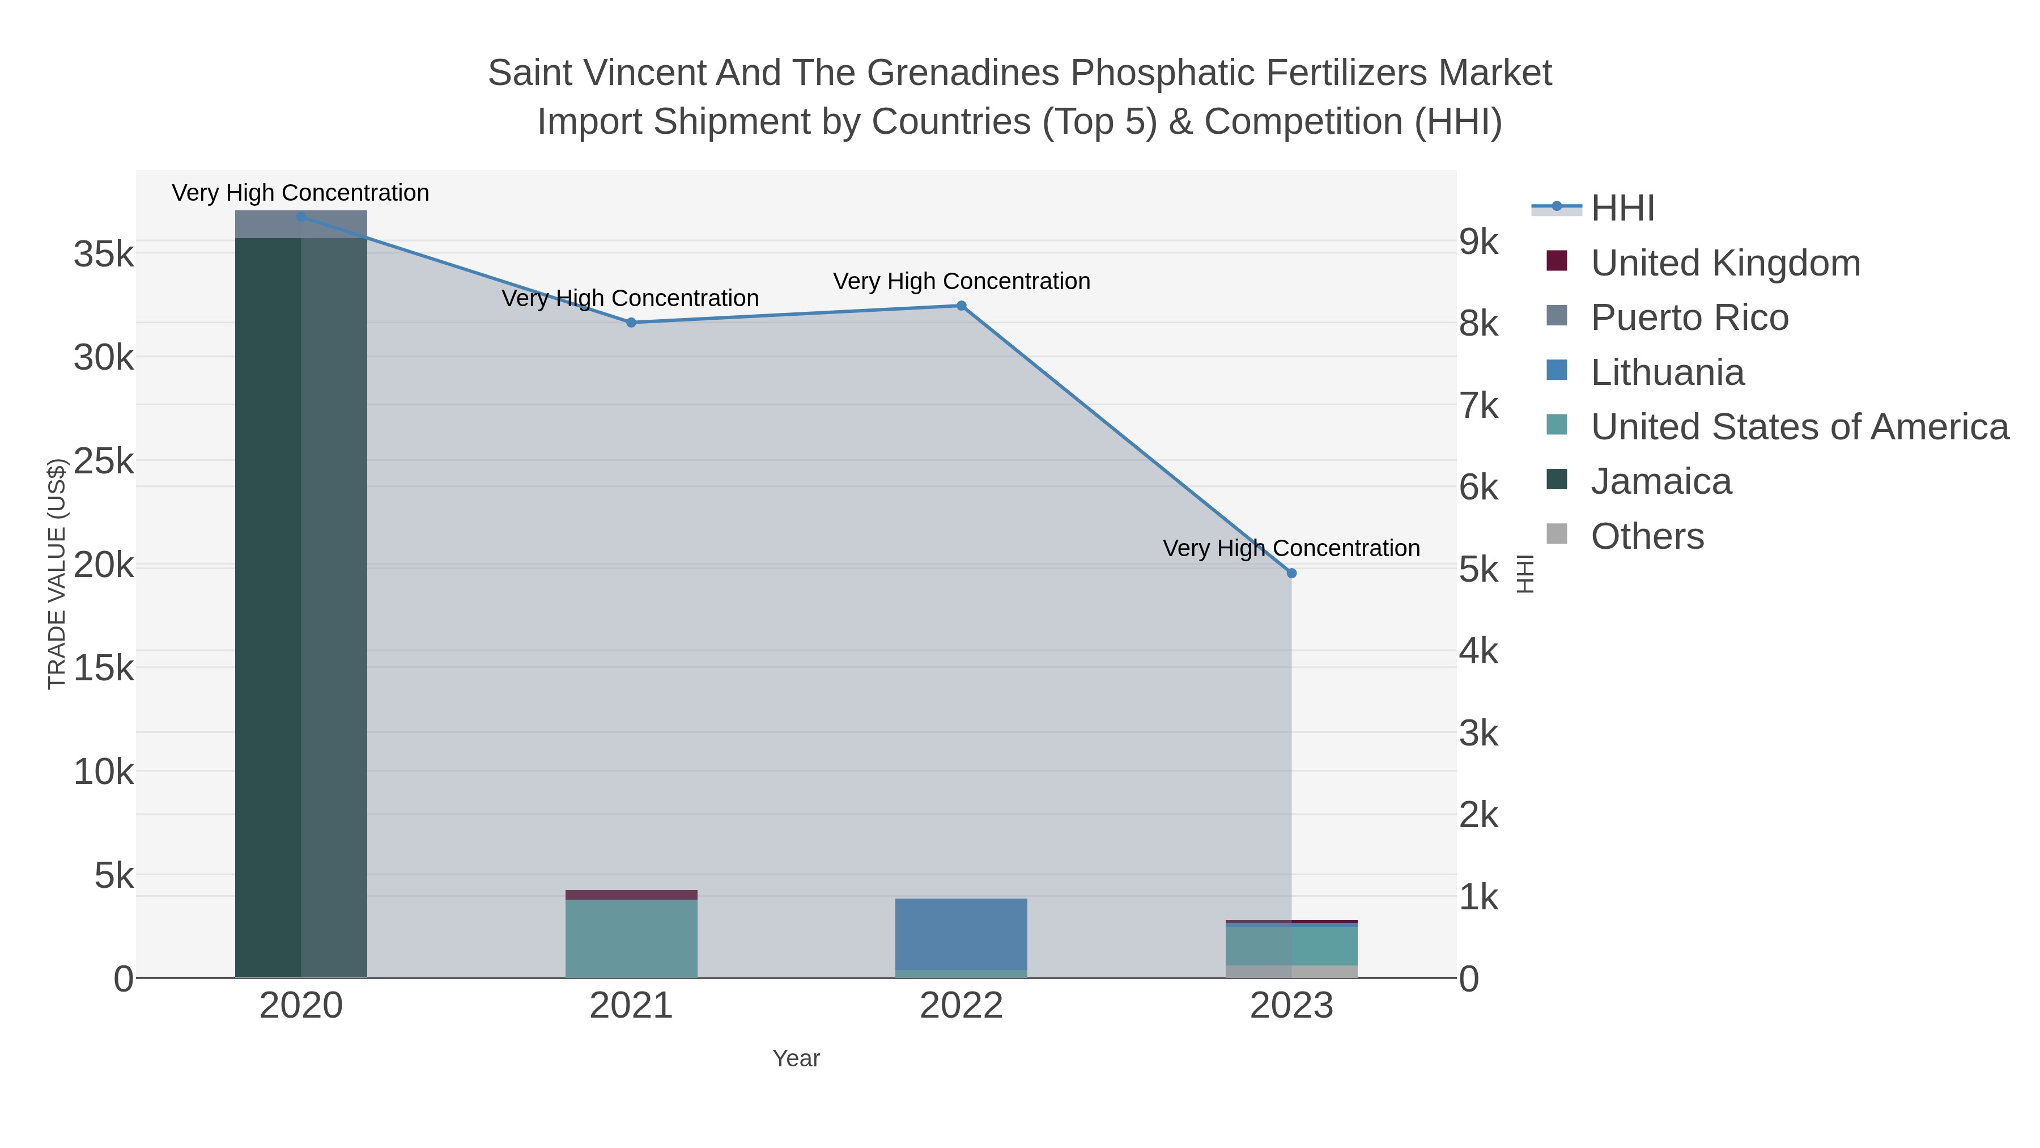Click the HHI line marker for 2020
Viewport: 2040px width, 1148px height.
pos(301,217)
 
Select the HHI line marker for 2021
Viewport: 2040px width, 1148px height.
pos(631,323)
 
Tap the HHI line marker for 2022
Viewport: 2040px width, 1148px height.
pos(962,306)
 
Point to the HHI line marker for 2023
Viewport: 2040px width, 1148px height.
pos(1291,573)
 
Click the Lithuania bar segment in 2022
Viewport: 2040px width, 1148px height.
pos(962,933)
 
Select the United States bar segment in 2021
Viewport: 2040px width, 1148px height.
pos(631,938)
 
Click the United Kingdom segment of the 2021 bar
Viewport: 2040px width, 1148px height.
pos(631,895)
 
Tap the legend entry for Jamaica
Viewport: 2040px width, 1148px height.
pos(1661,482)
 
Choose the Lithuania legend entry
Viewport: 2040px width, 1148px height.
pos(1667,372)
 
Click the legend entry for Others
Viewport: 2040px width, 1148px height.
pos(1647,536)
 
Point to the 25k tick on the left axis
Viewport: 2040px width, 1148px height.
pos(104,461)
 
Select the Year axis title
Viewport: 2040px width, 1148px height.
pos(796,1058)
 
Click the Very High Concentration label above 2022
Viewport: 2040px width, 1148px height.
pos(962,281)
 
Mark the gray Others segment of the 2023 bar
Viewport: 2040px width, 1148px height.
pos(1291,971)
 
